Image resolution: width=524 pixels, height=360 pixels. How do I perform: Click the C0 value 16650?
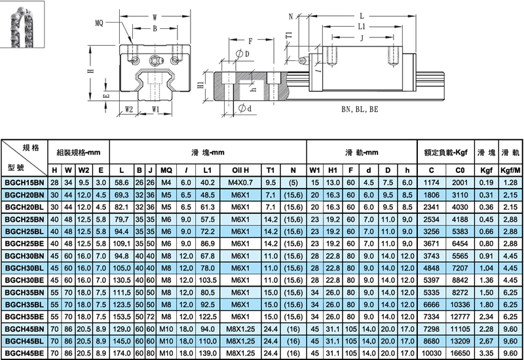pos(461,353)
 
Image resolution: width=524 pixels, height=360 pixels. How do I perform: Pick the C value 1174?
pos(436,182)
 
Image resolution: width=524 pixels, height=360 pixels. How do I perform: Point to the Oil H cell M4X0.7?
pos(238,182)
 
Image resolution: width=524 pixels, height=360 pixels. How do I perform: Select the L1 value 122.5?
pos(208,317)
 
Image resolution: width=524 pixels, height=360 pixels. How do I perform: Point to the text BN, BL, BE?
pos(360,109)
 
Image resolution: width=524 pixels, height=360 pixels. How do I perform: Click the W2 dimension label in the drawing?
pos(128,109)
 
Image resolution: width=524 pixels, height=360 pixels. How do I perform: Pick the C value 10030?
pos(436,353)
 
